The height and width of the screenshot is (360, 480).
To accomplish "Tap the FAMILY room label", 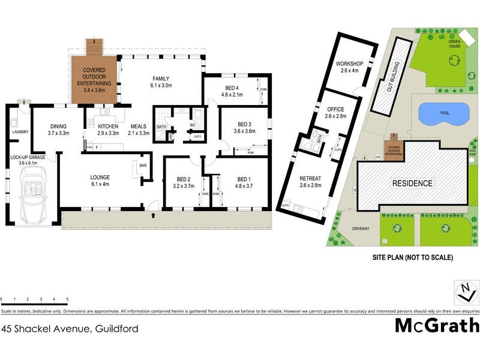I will (161, 79).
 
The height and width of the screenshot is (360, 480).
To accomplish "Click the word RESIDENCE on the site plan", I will (412, 183).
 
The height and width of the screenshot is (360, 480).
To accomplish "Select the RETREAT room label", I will (311, 178).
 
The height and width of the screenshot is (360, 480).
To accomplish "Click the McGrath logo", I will (437, 325).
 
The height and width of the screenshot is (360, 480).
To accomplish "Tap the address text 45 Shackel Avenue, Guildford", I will (70, 328).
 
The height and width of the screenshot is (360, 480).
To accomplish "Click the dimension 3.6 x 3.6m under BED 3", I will (244, 131).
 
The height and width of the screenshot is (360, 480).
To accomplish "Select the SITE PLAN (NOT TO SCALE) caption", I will (412, 257).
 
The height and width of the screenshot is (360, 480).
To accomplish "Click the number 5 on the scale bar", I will (67, 299).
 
